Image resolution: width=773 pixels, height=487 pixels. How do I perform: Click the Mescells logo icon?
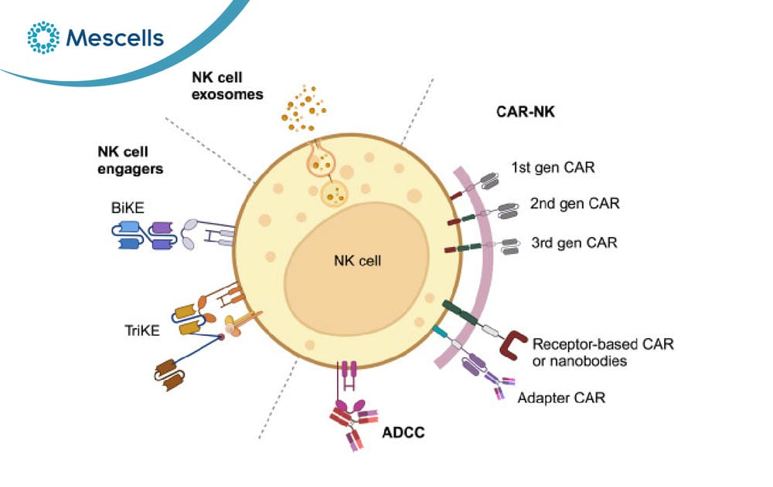click(x=43, y=37)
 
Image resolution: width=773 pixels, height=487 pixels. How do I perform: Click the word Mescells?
click(x=115, y=38)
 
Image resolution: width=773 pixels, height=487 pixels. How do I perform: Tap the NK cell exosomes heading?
click(x=227, y=86)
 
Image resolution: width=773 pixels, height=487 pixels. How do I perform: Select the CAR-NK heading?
click(x=526, y=112)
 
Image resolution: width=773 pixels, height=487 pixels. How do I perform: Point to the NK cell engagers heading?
click(x=130, y=160)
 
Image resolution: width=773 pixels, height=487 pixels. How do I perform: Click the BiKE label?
click(x=128, y=208)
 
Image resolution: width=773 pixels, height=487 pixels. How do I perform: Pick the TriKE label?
click(x=142, y=330)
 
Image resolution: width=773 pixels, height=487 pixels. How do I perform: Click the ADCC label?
click(x=404, y=432)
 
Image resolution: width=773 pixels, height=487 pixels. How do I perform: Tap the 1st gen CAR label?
click(x=553, y=167)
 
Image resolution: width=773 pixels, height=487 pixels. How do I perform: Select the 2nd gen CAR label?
click(x=575, y=204)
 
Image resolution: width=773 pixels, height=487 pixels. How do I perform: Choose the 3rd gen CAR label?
click(x=574, y=243)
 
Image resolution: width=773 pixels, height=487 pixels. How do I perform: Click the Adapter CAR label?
click(x=561, y=398)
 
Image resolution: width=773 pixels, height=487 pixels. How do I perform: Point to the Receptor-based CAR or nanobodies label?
click(x=603, y=352)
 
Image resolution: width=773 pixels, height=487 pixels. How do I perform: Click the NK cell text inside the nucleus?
click(x=357, y=261)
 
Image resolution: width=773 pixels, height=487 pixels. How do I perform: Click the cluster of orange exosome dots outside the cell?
click(x=303, y=109)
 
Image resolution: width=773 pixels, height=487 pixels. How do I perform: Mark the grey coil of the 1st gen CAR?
click(x=489, y=181)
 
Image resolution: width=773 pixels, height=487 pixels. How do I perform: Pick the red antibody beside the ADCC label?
click(x=352, y=425)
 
